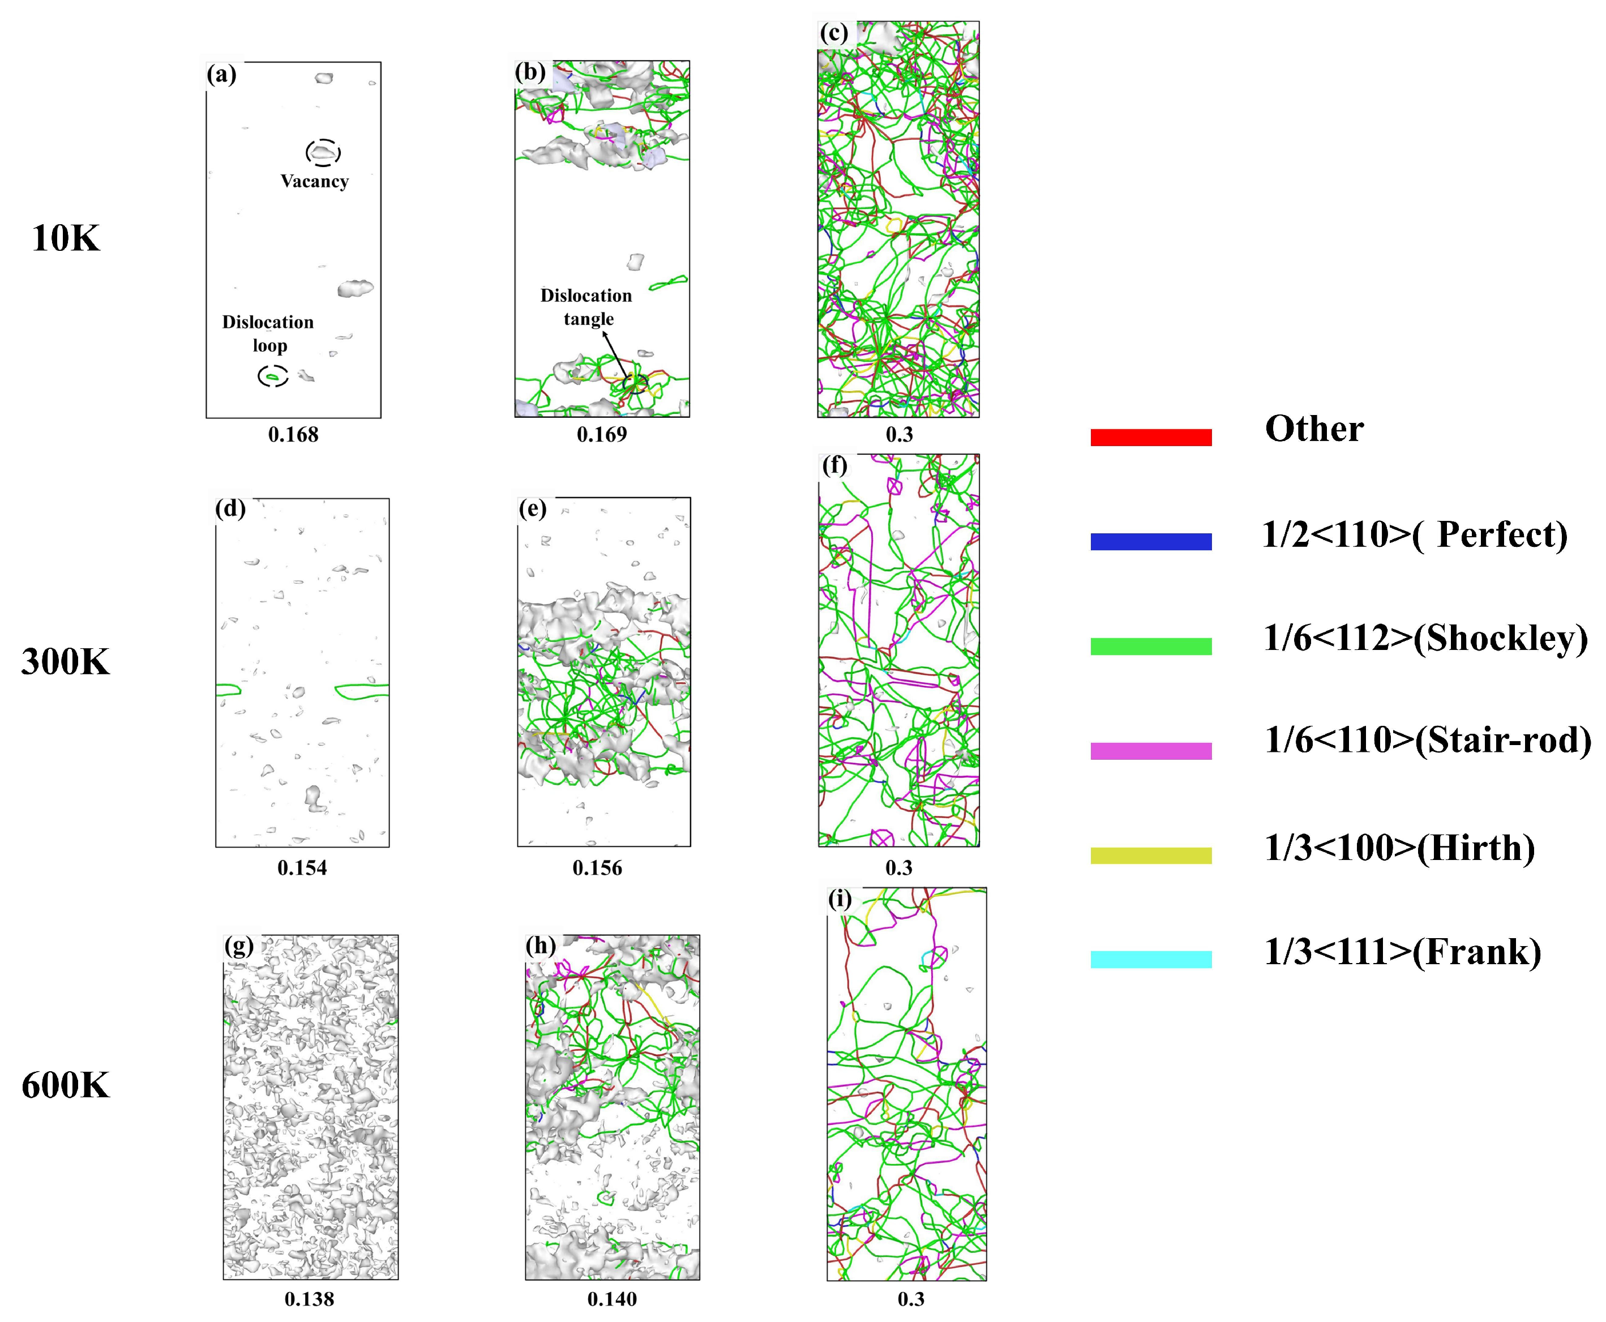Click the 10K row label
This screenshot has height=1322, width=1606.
(66, 239)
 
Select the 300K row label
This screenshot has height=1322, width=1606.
(66, 662)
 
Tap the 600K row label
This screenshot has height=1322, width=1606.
(66, 1086)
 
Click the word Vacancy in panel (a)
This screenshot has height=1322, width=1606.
(315, 181)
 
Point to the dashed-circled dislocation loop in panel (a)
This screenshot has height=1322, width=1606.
(273, 376)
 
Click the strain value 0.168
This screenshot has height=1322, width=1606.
(293, 435)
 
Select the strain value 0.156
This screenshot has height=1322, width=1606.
(597, 868)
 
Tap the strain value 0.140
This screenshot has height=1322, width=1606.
(611, 1299)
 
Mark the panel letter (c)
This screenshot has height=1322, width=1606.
(834, 33)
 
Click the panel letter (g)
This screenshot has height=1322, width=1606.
(238, 946)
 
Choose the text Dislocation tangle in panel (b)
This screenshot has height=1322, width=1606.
(586, 307)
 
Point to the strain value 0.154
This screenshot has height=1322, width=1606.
(302, 868)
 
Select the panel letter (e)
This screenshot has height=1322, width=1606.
(532, 508)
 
